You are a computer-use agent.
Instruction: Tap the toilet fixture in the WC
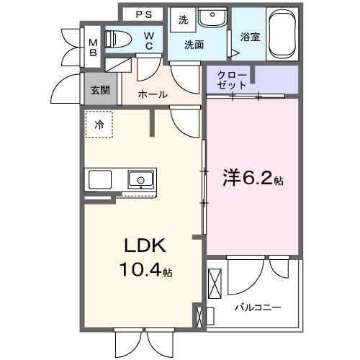[117, 39]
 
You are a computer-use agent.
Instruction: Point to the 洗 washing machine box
[183, 20]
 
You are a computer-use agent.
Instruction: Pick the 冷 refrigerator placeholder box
[99, 125]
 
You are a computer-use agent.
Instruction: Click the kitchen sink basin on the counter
[140, 179]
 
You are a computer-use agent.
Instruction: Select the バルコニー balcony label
[257, 307]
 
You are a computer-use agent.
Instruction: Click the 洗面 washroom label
[194, 45]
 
